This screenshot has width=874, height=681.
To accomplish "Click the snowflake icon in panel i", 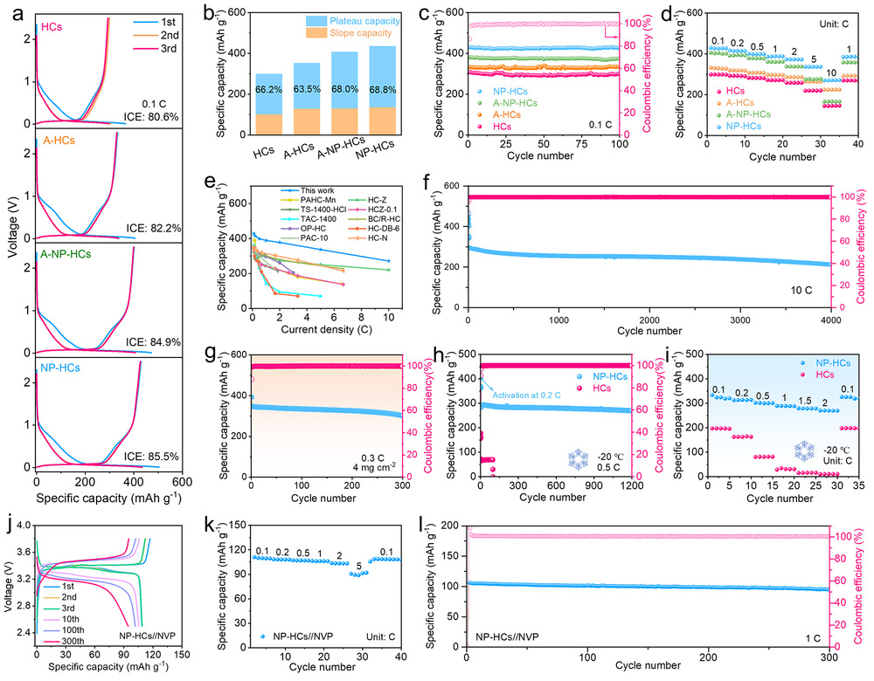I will (805, 451).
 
